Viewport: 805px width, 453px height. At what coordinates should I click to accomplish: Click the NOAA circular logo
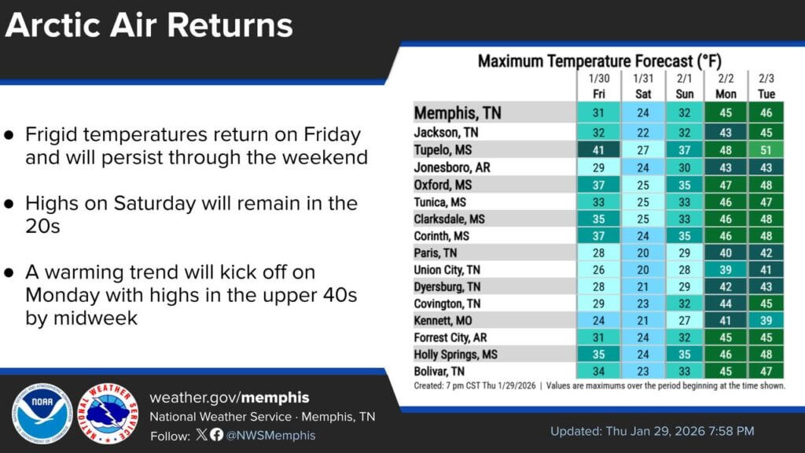click(x=42, y=414)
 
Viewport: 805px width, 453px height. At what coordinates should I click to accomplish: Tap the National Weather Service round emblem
click(x=108, y=414)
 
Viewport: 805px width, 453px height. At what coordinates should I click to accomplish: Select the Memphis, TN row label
click(x=458, y=113)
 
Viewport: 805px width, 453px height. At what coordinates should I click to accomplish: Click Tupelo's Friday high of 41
click(x=598, y=150)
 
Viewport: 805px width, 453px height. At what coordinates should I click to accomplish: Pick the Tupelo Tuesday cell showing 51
click(x=766, y=150)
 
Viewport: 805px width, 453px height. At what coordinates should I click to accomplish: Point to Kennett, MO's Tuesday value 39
click(x=766, y=321)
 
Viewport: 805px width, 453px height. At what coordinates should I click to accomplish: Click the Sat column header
click(x=643, y=94)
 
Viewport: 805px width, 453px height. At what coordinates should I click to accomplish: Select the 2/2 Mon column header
click(x=726, y=87)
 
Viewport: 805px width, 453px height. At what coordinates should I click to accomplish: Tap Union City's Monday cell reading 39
click(x=726, y=270)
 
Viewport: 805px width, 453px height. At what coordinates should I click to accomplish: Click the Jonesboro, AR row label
click(x=452, y=168)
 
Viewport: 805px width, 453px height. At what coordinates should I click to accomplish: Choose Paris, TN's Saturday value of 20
click(x=643, y=252)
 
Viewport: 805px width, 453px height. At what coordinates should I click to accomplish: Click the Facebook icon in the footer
click(x=217, y=434)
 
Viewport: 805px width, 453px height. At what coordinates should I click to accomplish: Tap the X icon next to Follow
click(x=202, y=434)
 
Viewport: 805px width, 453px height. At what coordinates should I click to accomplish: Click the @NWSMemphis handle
click(x=270, y=436)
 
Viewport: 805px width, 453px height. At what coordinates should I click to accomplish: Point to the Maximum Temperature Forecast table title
click(x=600, y=61)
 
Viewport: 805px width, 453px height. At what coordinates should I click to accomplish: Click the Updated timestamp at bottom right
click(x=652, y=431)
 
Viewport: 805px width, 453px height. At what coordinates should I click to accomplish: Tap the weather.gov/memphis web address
click(x=230, y=397)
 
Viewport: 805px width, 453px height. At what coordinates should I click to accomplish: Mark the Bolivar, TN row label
click(x=439, y=371)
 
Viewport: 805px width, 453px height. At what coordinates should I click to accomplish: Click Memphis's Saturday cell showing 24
click(x=643, y=112)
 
